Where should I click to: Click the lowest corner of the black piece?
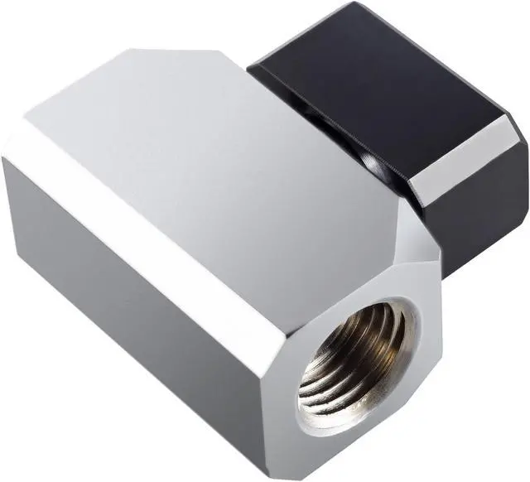(447, 277)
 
